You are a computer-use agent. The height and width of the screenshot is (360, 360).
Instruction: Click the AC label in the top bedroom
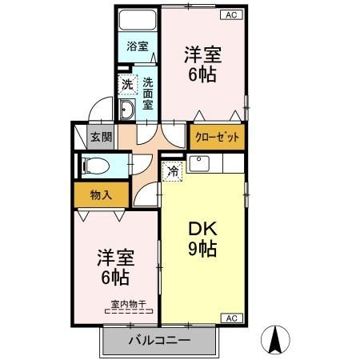[230, 14]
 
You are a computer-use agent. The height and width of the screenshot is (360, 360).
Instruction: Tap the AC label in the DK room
[230, 318]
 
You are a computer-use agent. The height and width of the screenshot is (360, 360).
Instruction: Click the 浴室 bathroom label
[138, 46]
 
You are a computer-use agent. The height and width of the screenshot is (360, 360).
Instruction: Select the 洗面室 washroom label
[149, 92]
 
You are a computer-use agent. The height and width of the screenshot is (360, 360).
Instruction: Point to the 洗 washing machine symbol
[127, 83]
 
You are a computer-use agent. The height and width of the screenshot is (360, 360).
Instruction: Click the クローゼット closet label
[217, 136]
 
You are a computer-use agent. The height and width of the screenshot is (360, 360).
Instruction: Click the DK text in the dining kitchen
[203, 226]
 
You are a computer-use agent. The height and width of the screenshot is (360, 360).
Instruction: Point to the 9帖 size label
[203, 248]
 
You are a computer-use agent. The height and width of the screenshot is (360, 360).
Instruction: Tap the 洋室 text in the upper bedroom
[202, 55]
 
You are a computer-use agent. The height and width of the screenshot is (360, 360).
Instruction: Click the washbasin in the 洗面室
[128, 109]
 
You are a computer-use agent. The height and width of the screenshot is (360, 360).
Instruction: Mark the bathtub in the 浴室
[138, 20]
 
